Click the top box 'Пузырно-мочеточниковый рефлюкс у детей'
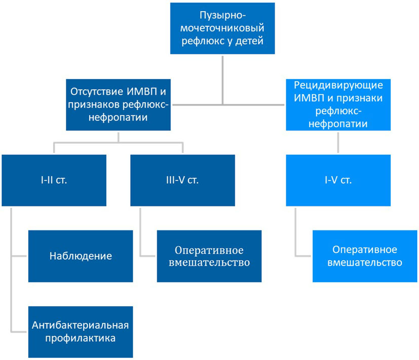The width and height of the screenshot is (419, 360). coord(222,28)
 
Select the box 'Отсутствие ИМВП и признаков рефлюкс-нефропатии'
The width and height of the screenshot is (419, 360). coord(118,105)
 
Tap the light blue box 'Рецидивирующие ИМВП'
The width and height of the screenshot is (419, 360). coord(338,105)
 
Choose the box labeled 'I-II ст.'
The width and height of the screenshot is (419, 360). coord(54,180)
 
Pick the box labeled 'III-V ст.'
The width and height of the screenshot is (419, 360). coord(182,180)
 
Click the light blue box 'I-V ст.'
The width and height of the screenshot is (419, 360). coord(338,180)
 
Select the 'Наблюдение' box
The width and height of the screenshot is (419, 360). coord(81,256)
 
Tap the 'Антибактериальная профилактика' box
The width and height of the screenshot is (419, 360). coord(81,332)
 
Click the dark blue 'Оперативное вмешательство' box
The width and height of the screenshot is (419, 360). coord(209,256)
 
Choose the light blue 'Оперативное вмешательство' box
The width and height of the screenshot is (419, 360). coord(365,256)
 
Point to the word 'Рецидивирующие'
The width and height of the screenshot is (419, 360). coord(338,86)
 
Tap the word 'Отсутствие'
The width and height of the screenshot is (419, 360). coord(97,92)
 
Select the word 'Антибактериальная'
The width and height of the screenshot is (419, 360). coord(81,325)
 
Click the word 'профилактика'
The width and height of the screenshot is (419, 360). coord(81,338)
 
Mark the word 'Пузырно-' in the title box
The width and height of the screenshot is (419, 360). coord(222,16)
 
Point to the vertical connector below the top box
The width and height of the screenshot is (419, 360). coord(222,79)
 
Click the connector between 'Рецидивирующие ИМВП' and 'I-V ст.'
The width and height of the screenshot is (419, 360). coord(338,143)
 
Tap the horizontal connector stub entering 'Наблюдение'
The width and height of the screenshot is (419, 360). coord(19,256)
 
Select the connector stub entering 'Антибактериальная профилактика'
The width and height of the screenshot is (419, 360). coord(19,332)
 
